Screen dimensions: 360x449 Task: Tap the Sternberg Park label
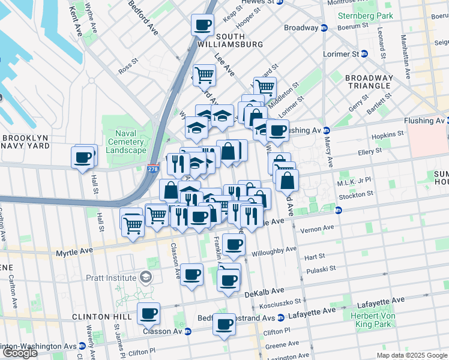366,16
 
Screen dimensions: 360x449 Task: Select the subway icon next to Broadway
324,28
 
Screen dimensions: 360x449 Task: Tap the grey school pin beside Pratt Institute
145,277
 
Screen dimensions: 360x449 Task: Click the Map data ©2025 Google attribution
411,355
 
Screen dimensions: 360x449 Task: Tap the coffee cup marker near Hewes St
202,25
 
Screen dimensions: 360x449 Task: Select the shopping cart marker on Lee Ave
205,75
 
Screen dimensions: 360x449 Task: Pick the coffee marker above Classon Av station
148,313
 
